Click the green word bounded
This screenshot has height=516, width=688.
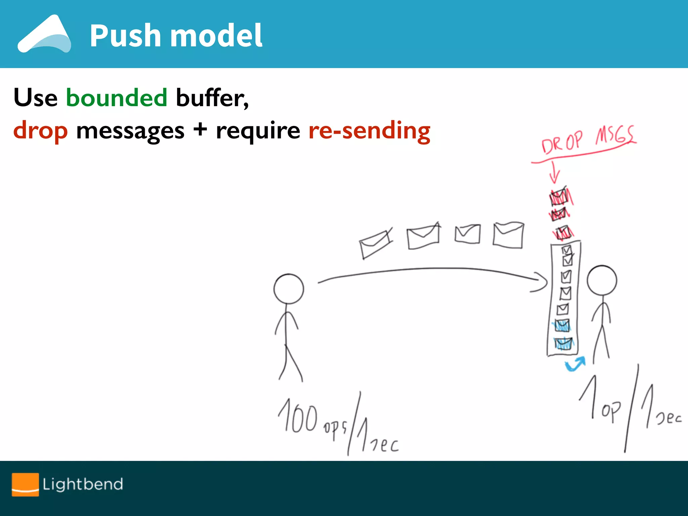(x=116, y=98)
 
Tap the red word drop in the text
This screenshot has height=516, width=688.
(x=40, y=131)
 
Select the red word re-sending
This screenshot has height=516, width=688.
(x=369, y=131)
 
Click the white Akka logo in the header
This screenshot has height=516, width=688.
(x=44, y=34)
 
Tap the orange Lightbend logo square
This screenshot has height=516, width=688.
(x=25, y=484)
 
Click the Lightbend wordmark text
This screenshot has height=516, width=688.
(x=83, y=484)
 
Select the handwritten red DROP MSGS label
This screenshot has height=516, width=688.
(x=588, y=140)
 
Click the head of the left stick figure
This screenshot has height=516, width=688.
(x=289, y=289)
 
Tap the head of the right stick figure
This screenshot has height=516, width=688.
(x=602, y=281)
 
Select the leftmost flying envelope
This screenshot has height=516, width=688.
(x=375, y=244)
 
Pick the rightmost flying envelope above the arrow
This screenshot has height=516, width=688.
(x=508, y=235)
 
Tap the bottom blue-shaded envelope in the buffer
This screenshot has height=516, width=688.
(x=563, y=344)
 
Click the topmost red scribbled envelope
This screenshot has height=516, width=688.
(x=560, y=197)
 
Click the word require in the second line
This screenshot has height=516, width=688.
(x=258, y=131)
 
